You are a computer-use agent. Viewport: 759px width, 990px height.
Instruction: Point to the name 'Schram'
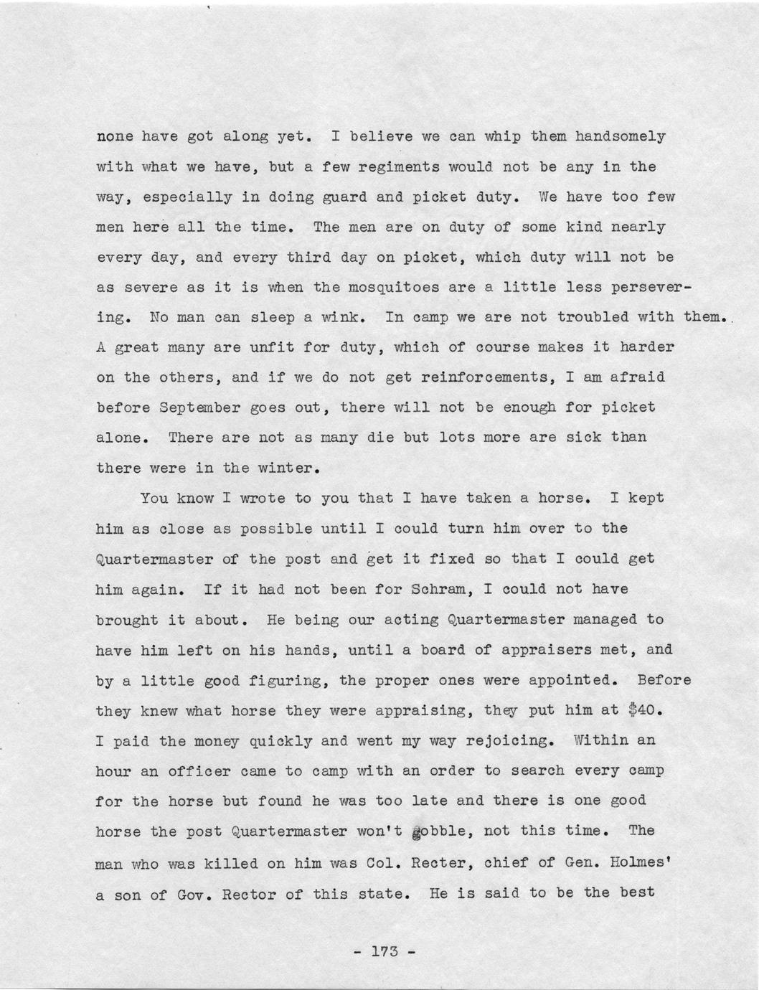[x=438, y=589]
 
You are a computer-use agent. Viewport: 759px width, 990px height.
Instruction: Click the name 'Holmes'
[x=632, y=862]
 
